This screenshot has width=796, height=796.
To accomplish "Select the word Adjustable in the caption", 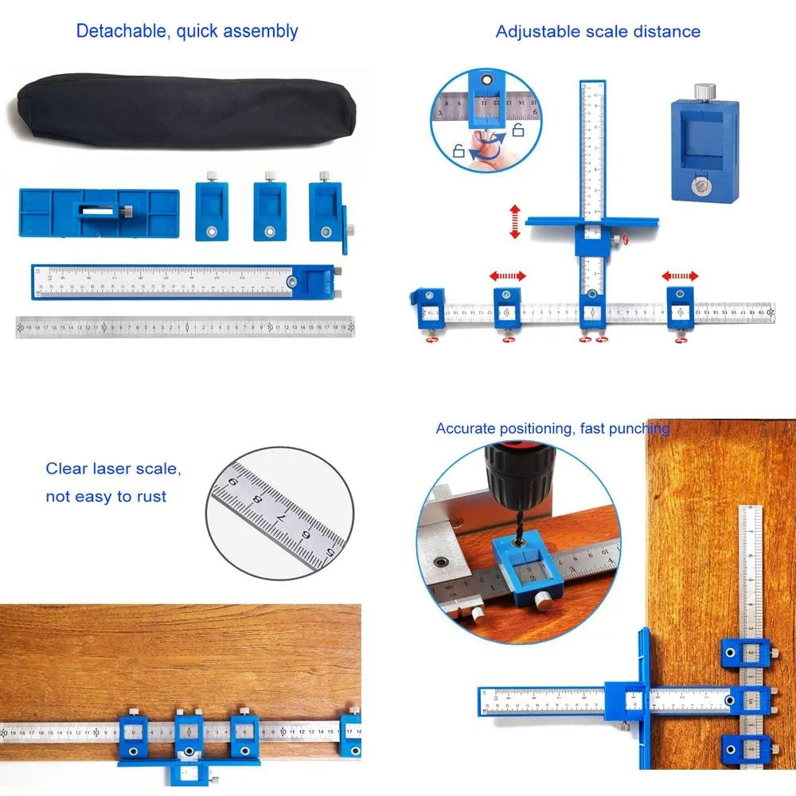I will tap(535, 32).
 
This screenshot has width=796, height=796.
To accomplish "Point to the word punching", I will tap(641, 429).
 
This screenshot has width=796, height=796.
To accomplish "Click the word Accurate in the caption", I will tap(466, 429).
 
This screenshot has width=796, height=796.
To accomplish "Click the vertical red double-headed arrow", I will tap(515, 221).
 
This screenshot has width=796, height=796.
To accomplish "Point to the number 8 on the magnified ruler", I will tap(257, 502).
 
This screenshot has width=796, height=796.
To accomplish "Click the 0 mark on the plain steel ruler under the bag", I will tap(187, 326).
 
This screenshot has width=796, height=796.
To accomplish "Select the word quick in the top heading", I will tap(198, 32).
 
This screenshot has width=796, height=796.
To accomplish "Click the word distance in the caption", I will tap(668, 32).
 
